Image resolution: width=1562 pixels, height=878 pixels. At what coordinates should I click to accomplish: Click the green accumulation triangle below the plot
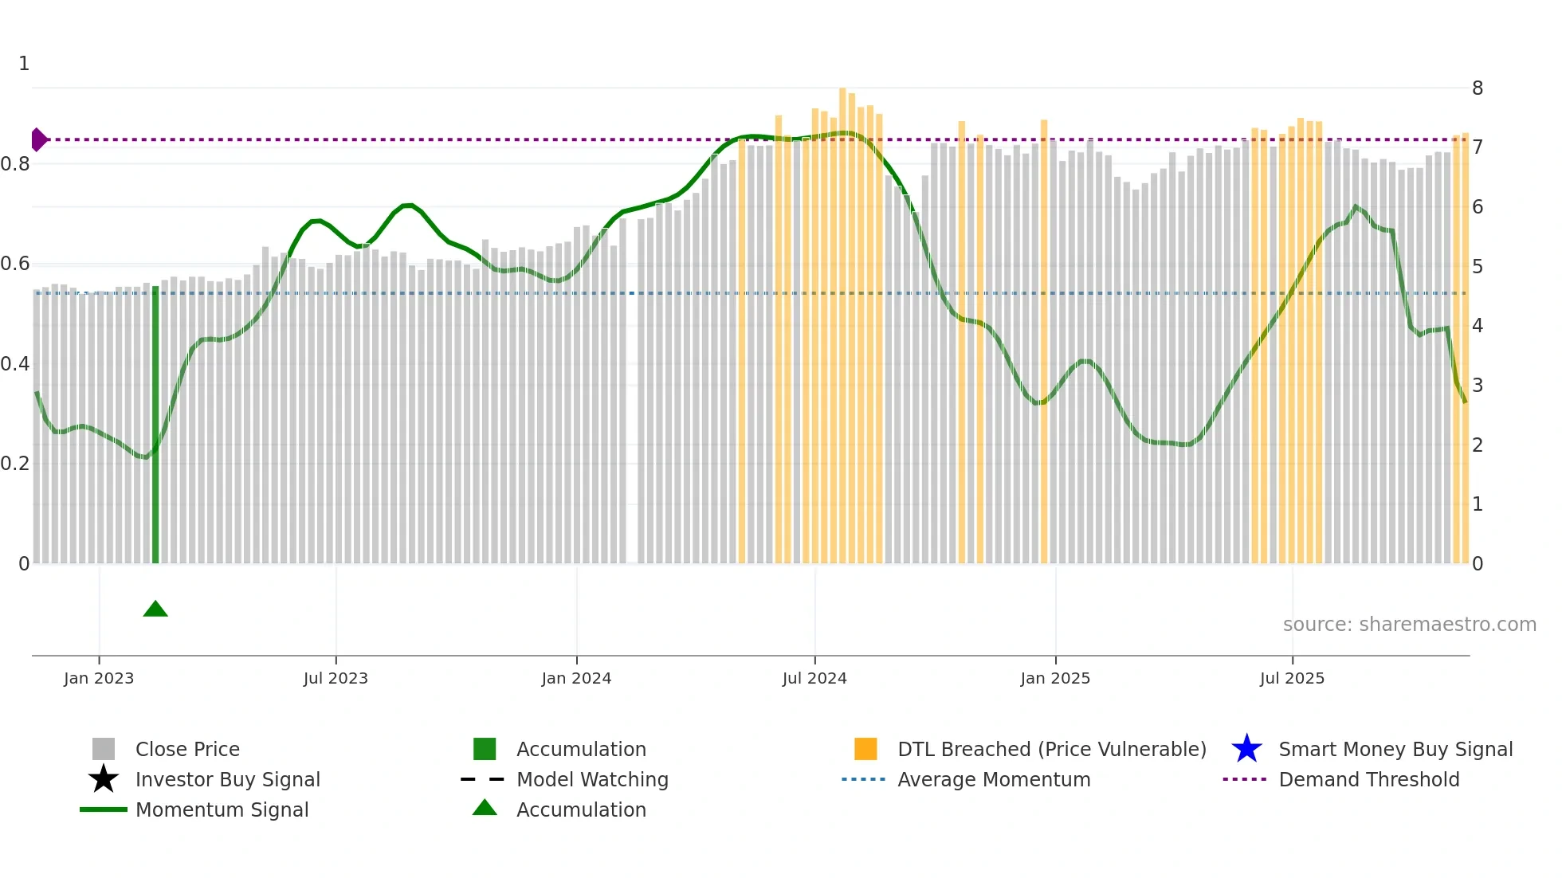[155, 610]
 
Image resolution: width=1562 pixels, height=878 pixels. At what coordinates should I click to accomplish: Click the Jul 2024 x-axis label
[814, 678]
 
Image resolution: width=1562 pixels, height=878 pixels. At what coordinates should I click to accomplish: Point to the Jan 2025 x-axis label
[1055, 678]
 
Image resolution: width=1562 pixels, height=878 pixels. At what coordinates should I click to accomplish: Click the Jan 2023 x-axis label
[99, 678]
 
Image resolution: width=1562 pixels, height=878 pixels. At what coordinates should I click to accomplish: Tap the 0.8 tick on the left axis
[15, 164]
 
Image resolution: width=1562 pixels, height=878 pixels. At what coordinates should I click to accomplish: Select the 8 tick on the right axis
[1478, 88]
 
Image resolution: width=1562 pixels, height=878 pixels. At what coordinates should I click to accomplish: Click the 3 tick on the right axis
[1478, 386]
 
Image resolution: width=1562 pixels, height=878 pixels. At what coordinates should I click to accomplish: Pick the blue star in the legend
[1246, 749]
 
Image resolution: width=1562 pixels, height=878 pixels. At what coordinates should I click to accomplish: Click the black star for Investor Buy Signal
[104, 779]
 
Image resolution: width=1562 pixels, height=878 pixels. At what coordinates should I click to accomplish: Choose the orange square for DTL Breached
[865, 749]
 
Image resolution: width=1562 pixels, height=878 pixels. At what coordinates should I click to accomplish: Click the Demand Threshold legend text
[1369, 779]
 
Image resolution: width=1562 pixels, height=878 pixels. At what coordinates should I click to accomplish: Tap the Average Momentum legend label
[994, 779]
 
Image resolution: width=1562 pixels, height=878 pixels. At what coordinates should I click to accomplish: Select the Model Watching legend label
[592, 779]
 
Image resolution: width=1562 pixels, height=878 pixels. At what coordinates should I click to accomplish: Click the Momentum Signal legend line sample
[104, 809]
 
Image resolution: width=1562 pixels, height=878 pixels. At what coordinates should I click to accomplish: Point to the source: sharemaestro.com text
[1409, 624]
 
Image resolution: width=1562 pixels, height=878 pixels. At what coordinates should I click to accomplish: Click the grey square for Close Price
[104, 749]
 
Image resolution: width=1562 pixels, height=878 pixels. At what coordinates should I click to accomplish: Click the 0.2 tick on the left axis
[15, 464]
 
